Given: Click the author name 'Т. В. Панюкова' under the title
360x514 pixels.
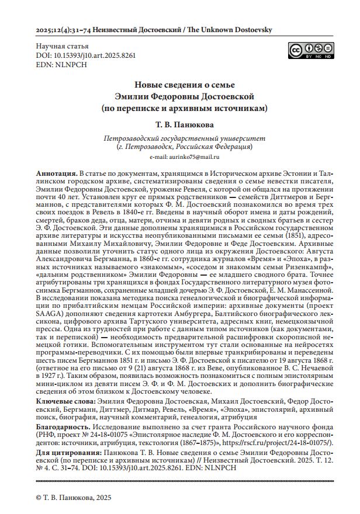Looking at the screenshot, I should (184, 126).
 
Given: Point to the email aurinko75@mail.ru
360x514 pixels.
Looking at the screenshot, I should (184, 157).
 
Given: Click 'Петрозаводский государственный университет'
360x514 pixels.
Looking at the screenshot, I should (184, 139).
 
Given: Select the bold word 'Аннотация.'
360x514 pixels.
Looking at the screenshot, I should (56, 174).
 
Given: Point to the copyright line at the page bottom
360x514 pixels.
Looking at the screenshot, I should (73, 497).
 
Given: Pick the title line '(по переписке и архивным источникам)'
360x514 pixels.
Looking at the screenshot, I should (184, 107).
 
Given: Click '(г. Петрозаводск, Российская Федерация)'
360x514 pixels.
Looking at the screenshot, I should (184, 147).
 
